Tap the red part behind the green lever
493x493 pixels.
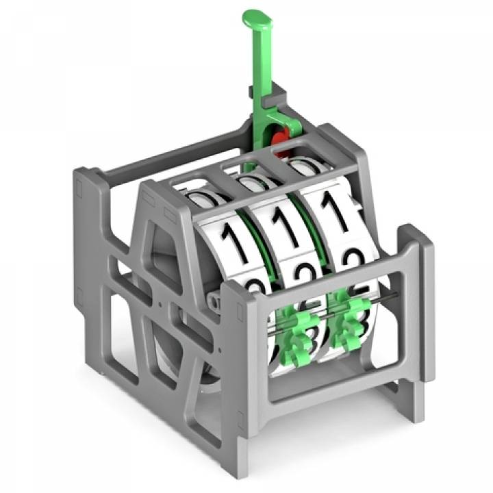[x=280, y=140]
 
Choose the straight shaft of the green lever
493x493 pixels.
[x=260, y=75]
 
